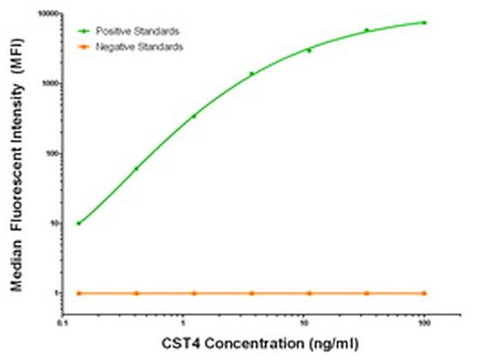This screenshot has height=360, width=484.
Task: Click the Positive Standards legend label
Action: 137,31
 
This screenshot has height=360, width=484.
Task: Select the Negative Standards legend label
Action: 139,47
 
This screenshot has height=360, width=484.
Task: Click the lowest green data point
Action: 79,223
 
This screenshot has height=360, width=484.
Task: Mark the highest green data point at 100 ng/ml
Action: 424,22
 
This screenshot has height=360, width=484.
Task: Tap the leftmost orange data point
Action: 79,293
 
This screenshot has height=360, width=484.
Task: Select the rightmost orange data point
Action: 424,293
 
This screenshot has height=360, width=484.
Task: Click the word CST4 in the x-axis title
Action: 179,345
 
